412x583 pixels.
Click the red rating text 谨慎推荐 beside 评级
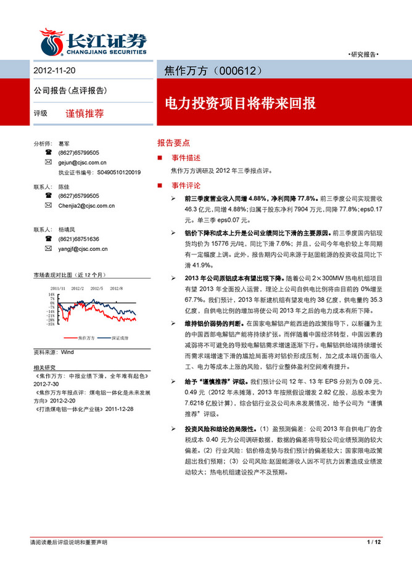[x=84, y=113]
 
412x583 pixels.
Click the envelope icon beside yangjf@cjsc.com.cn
[x=48, y=249]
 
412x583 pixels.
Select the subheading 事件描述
[x=186, y=158]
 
